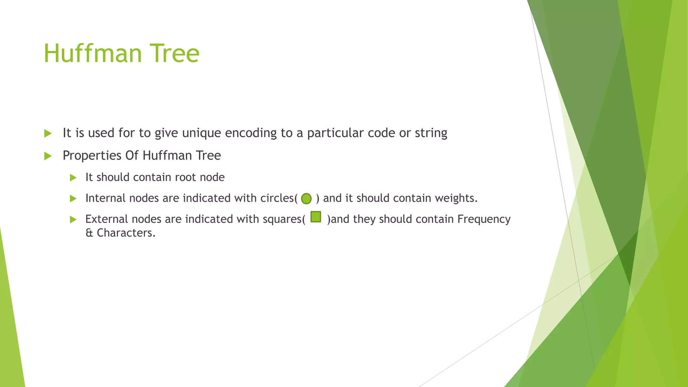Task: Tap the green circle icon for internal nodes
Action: tap(306, 199)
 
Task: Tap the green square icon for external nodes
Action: tap(316, 217)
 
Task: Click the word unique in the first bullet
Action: tap(202, 133)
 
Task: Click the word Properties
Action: tap(92, 156)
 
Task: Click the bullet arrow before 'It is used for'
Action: tap(48, 133)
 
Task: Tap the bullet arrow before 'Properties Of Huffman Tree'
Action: tap(48, 156)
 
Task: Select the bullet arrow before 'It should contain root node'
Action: tap(73, 178)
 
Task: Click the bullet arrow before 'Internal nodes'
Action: tap(73, 199)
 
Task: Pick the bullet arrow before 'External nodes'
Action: tap(73, 220)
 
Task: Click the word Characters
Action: tap(126, 233)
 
